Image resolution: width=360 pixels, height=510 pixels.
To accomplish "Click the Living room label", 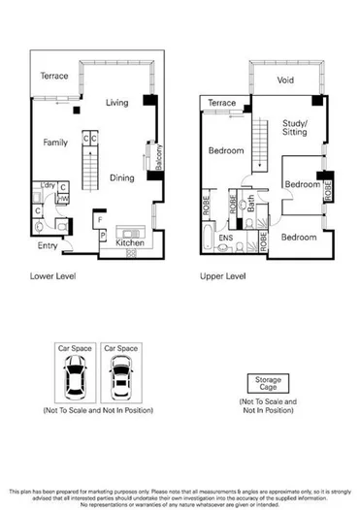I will [x=117, y=103].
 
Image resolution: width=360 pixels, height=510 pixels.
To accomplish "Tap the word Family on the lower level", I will [x=55, y=143].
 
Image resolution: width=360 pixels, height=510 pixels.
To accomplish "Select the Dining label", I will [x=122, y=177].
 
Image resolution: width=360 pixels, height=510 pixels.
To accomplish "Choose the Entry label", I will [x=48, y=246].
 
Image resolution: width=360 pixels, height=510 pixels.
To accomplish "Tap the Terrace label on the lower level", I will [x=55, y=76].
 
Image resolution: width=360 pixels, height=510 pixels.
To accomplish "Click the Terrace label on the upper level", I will [x=221, y=103].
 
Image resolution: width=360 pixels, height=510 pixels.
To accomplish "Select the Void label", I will [x=285, y=80].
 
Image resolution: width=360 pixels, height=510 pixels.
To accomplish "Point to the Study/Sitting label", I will [x=294, y=127].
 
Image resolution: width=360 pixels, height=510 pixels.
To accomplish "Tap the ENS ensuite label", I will [x=223, y=235].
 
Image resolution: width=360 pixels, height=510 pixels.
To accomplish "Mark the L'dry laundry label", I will [x=45, y=184].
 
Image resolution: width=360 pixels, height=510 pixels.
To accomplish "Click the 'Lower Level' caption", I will [x=53, y=275].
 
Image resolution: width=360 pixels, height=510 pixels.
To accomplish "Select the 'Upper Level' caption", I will [x=225, y=275].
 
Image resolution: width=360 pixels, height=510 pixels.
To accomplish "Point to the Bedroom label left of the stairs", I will [x=225, y=151].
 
